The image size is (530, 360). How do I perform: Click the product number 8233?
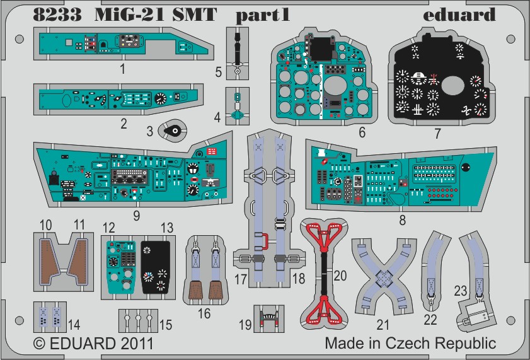[57, 15]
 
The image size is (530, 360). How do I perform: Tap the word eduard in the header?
[459, 15]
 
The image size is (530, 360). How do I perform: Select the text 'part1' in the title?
[263, 16]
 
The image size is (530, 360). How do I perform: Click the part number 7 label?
[438, 134]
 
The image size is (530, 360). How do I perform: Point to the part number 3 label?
[150, 131]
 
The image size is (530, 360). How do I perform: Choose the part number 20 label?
[340, 276]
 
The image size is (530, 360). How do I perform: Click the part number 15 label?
[166, 325]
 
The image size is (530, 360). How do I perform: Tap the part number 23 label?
[461, 291]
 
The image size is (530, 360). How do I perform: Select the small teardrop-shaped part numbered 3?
[173, 131]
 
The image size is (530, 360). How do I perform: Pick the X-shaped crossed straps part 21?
[384, 277]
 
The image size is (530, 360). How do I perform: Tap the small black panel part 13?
[156, 267]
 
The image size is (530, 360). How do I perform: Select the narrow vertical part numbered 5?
[238, 54]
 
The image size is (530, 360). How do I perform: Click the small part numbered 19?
[269, 319]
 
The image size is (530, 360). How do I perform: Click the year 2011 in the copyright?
[137, 344]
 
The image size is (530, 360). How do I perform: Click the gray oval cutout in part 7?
[454, 86]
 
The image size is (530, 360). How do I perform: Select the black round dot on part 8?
[466, 167]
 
